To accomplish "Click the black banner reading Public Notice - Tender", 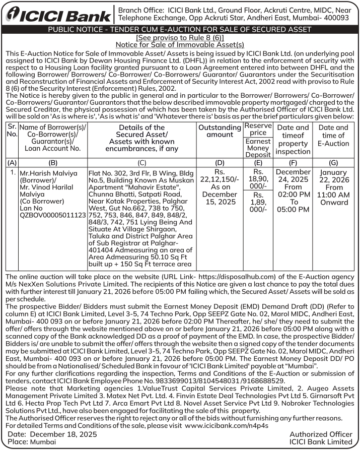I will (179, 30).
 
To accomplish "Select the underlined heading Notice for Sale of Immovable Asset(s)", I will (180, 44).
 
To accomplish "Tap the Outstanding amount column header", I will (220, 131).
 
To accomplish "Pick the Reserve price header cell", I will (258, 128).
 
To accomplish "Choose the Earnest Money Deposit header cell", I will (258, 148).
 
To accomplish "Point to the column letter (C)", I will (141, 163).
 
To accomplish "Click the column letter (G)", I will (333, 163).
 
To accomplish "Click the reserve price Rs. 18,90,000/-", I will (258, 179).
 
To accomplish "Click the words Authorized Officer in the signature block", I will (321, 434).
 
